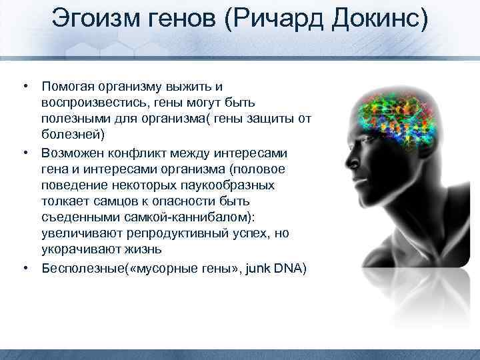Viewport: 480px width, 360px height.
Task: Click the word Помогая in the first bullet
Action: (69, 87)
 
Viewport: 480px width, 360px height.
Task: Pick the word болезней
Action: (69, 135)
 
